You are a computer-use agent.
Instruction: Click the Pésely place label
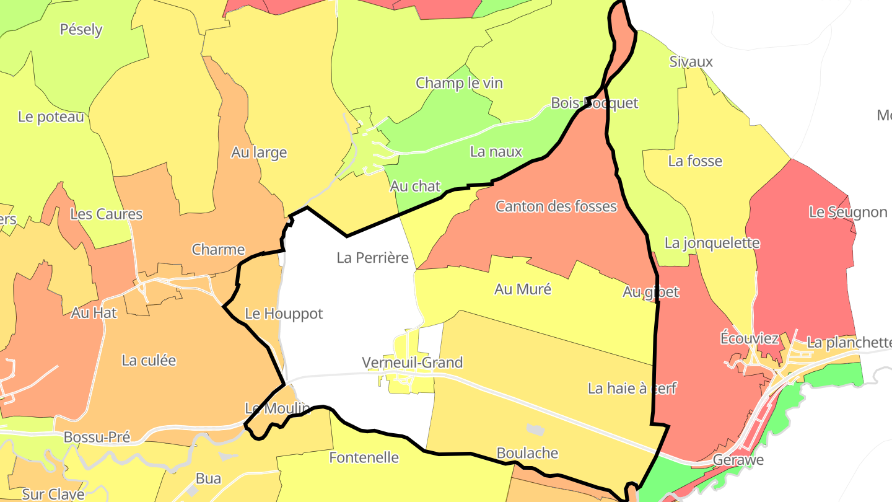(x=81, y=29)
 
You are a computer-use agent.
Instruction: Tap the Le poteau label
(x=51, y=117)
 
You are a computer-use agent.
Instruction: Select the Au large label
(x=259, y=152)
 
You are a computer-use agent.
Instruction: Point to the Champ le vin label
(x=459, y=83)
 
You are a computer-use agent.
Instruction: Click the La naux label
(x=496, y=151)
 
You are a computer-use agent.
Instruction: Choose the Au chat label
(x=415, y=185)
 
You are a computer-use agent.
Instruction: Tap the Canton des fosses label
(x=556, y=206)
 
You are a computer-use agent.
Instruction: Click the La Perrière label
(x=373, y=257)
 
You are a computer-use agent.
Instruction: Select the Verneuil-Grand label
(x=413, y=362)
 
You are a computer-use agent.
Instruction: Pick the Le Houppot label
(x=284, y=314)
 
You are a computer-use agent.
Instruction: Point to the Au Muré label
(x=522, y=289)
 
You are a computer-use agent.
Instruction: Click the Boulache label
(x=527, y=453)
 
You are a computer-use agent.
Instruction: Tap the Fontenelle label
(x=364, y=458)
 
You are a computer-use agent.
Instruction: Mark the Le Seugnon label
(x=848, y=213)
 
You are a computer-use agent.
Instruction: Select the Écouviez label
(x=750, y=338)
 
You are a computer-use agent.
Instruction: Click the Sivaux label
(x=691, y=62)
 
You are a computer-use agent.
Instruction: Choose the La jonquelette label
(x=712, y=243)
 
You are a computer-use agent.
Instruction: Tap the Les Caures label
(x=106, y=214)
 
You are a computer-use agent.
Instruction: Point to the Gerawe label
(x=738, y=460)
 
